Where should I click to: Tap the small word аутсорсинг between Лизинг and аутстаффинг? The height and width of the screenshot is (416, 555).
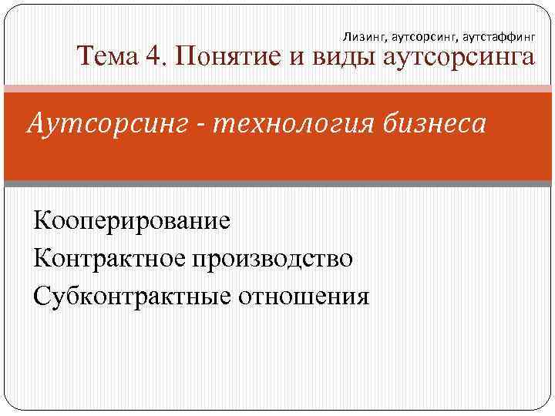(x=422, y=35)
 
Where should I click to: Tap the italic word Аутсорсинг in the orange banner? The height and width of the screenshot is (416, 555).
(x=108, y=123)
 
